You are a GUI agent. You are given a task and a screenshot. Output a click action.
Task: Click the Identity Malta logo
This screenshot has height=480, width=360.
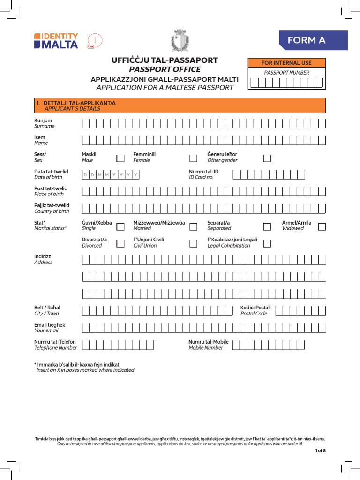56,41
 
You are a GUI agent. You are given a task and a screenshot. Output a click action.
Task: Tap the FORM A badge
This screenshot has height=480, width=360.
313,40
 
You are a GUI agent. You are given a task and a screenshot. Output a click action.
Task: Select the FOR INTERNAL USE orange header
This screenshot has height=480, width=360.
286,63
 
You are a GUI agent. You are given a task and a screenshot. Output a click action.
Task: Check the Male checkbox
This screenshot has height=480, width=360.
120,158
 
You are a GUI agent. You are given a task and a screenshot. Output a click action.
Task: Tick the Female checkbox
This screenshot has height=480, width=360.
193,158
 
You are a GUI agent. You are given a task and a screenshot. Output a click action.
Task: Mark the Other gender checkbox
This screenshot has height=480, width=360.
267,158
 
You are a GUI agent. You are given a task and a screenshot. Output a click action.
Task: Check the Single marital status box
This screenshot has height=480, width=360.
120,226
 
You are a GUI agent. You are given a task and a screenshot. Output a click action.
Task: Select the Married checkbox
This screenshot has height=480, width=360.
193,226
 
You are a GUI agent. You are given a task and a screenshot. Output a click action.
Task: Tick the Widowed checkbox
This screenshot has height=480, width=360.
322,226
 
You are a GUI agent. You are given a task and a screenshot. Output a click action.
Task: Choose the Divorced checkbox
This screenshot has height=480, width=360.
120,243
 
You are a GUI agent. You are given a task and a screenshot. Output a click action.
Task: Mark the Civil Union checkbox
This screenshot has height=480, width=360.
193,243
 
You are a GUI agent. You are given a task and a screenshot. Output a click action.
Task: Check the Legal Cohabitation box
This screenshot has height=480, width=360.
267,243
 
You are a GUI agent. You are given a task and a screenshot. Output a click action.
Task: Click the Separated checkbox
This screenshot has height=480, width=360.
267,226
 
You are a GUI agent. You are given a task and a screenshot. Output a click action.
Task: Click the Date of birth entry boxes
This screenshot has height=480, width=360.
111,175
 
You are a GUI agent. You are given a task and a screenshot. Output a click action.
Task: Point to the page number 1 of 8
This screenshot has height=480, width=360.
320,450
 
